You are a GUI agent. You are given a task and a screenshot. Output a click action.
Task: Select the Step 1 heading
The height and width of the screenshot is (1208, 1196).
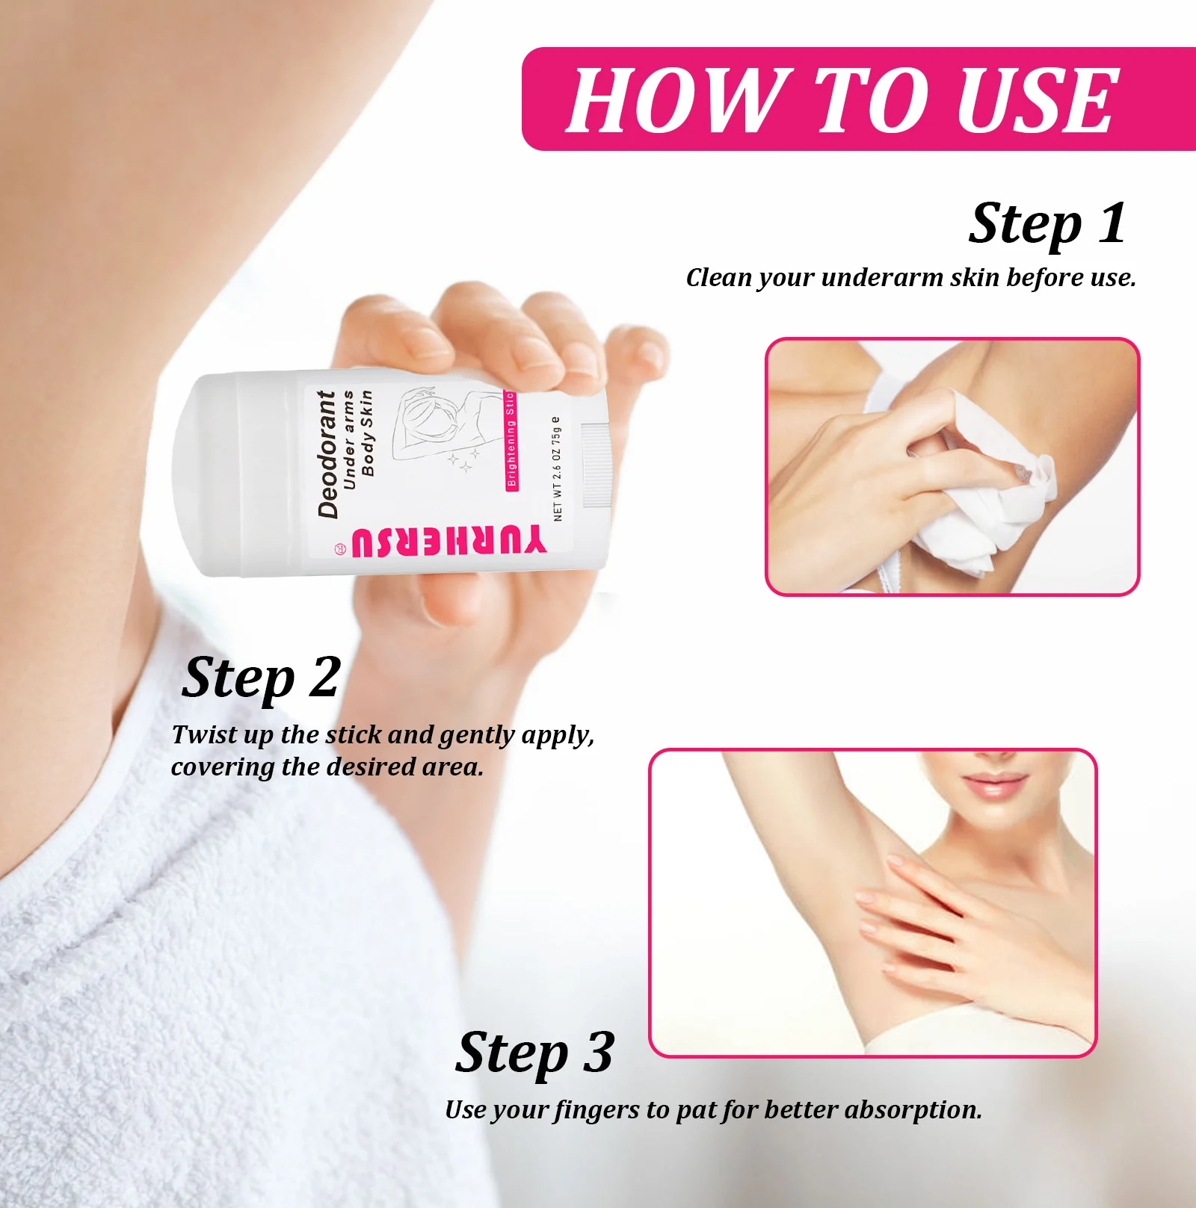pos(1046,223)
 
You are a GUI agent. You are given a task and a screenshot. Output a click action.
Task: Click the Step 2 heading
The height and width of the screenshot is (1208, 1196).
pos(261,678)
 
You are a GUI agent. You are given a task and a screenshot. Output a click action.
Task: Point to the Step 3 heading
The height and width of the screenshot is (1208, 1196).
pos(535,1053)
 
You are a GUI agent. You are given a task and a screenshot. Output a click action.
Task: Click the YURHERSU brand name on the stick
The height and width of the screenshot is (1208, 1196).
pos(449,542)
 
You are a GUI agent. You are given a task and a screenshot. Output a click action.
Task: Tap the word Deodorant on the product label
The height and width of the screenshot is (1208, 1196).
pos(327,453)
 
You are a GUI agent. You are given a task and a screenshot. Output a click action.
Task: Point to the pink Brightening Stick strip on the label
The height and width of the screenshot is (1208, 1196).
pos(511,441)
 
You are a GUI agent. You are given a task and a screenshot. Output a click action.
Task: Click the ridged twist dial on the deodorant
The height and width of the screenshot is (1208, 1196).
pos(596,465)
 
